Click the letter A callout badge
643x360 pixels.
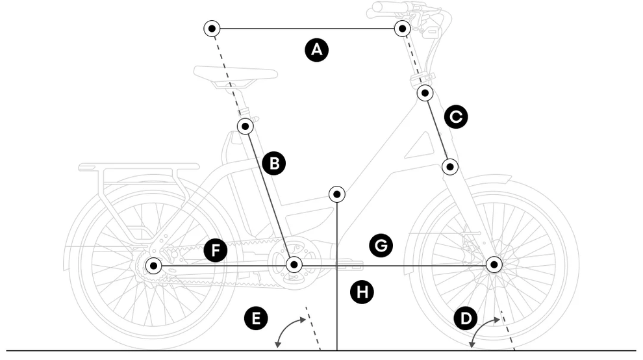click(316, 50)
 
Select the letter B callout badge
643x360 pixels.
click(274, 163)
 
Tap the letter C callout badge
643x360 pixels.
click(456, 117)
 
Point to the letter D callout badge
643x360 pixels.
click(465, 318)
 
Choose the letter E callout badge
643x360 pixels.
click(256, 318)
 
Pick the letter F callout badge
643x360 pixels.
click(215, 250)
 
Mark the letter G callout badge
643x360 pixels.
click(381, 245)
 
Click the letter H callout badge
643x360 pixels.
click(362, 292)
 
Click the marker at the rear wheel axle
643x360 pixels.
click(154, 265)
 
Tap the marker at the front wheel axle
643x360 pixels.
click(494, 264)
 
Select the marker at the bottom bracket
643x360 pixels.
click(294, 264)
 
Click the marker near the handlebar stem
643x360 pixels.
click(403, 28)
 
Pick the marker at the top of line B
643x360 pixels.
click(245, 125)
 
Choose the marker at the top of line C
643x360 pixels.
click(425, 93)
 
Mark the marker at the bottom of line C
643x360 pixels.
click(450, 166)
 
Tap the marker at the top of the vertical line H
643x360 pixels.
click(336, 194)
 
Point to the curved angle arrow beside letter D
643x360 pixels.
click(483, 329)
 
